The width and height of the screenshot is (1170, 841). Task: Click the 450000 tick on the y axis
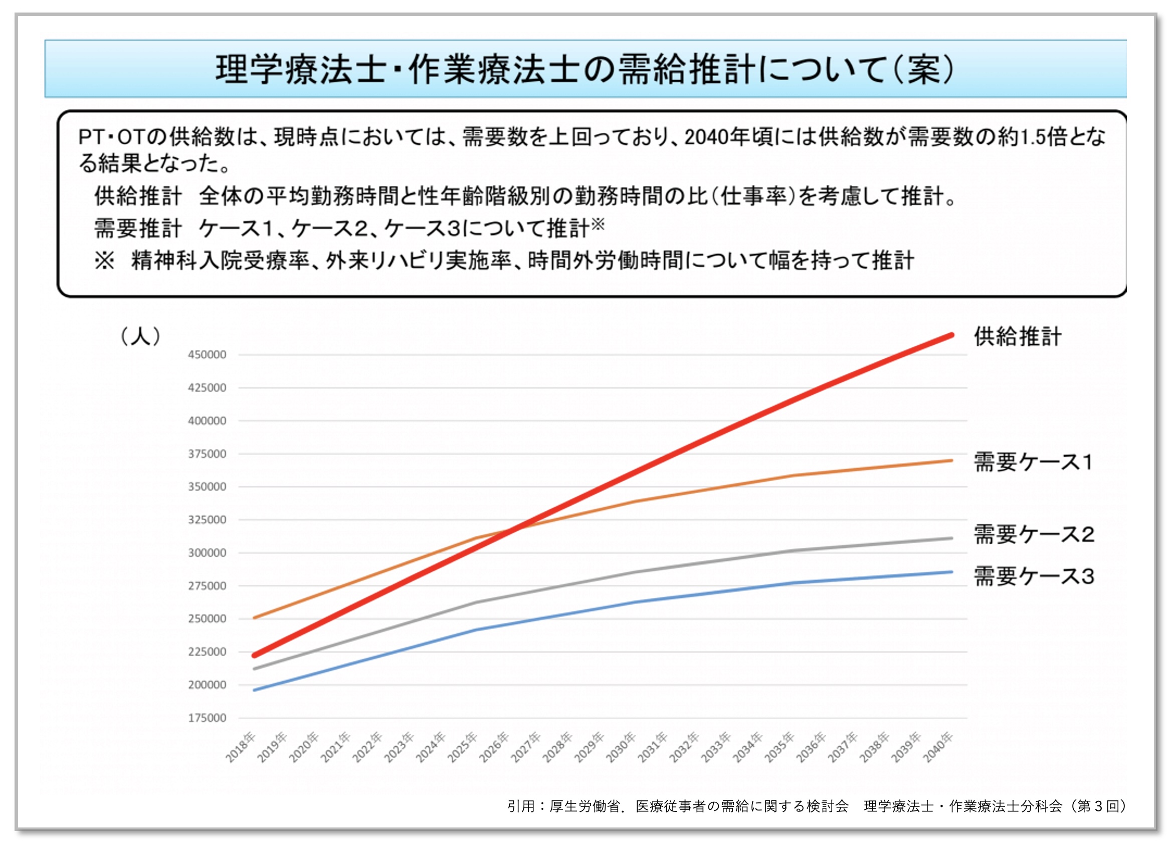(207, 355)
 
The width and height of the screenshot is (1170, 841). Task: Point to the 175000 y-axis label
(207, 718)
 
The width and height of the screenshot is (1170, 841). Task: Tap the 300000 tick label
(207, 553)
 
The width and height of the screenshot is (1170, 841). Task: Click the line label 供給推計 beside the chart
(1017, 337)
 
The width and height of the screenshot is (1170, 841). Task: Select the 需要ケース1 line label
(1033, 462)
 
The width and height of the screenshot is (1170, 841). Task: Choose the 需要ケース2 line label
(1034, 534)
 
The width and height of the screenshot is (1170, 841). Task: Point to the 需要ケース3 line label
(1034, 576)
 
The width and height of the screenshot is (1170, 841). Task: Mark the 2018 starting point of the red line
(254, 656)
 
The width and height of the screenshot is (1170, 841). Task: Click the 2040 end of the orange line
(951, 461)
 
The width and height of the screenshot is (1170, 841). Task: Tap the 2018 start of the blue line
(254, 690)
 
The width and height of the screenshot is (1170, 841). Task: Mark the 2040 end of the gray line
(951, 538)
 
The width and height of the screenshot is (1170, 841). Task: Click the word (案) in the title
(924, 69)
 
